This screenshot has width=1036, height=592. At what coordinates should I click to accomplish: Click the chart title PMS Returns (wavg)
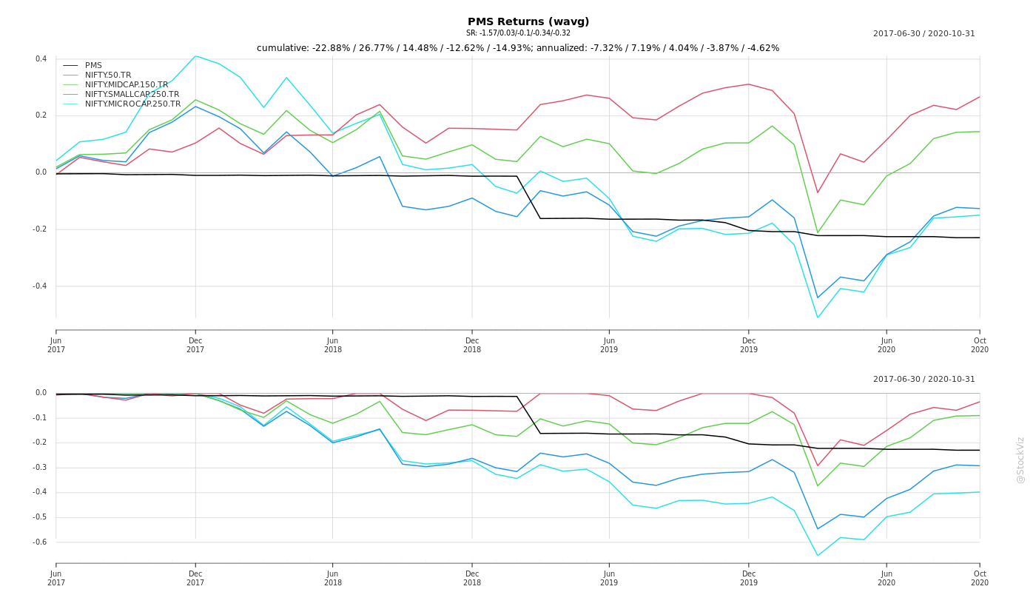point(528,22)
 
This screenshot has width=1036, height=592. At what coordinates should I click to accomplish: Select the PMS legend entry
point(93,66)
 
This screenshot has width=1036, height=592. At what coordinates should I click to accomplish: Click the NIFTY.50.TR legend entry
point(108,75)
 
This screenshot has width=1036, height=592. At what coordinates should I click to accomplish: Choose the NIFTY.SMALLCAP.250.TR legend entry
point(132,95)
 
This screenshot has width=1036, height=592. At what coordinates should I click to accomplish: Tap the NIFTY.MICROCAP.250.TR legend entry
point(132,104)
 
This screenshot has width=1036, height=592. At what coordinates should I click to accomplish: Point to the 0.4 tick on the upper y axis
point(41,59)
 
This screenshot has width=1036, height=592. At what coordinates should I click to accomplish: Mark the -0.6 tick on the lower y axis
point(40,542)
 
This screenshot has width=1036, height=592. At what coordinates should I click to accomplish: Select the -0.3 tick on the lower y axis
point(40,468)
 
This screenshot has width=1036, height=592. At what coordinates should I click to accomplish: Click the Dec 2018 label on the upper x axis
point(472,345)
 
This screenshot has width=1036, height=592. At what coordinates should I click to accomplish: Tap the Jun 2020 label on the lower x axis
point(887,578)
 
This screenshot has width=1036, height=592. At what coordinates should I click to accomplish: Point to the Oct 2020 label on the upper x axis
point(980,345)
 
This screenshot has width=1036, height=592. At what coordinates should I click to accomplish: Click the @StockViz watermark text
point(1020,460)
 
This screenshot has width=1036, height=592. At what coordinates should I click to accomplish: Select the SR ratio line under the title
point(518,33)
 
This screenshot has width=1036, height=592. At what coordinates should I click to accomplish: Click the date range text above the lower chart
point(924,380)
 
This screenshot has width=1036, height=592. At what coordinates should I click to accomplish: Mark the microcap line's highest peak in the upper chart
point(195,56)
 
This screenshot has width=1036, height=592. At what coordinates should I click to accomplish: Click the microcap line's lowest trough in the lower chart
point(818,555)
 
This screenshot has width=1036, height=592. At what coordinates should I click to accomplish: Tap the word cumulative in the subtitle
point(283,48)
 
